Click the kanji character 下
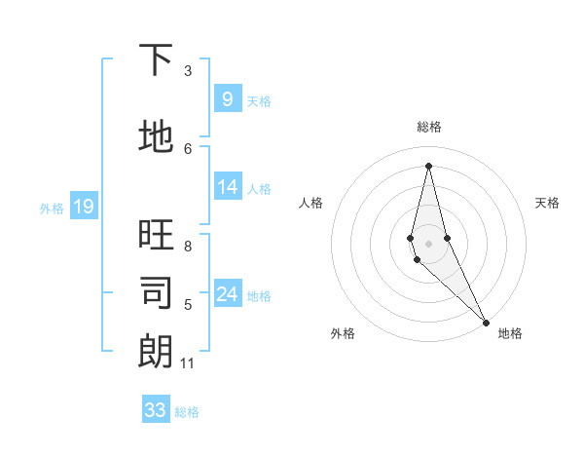click(156, 60)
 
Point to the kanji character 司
click(156, 293)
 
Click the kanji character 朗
click(156, 352)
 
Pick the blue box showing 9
click(227, 98)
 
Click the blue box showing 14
click(227, 187)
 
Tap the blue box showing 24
click(227, 294)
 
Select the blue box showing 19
click(83, 206)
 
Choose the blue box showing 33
click(156, 409)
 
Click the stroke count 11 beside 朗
click(187, 363)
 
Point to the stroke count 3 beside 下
click(188, 71)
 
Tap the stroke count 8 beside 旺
click(188, 247)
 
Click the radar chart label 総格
click(429, 127)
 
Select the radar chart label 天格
click(548, 203)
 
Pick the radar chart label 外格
click(343, 333)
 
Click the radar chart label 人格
click(310, 203)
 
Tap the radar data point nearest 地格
click(486, 321)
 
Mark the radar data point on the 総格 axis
click(428, 165)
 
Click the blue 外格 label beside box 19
click(51, 208)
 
